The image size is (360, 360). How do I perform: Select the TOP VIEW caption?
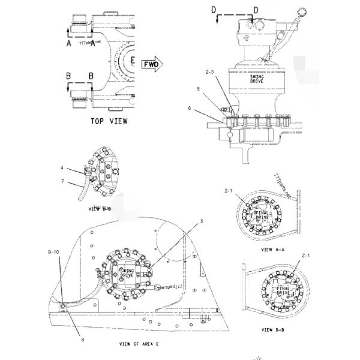pos(109,121)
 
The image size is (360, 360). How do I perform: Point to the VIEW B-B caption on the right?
pos(274,329)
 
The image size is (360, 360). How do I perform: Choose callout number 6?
pos(207,109)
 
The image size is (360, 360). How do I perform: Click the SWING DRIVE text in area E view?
pos(128,272)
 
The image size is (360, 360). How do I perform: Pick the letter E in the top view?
pos(134,61)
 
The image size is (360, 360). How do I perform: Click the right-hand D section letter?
pos(256,10)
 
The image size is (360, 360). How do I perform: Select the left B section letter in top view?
pos(69,77)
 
